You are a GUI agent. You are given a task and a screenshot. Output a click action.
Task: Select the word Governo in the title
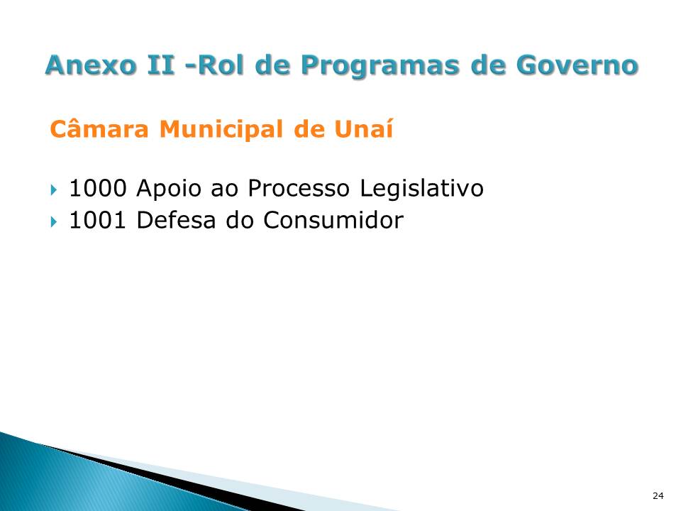[576, 65]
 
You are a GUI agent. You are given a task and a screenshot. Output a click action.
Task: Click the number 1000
[98, 189]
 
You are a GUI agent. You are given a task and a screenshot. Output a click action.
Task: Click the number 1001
[98, 221]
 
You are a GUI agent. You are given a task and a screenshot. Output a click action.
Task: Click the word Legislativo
[421, 189]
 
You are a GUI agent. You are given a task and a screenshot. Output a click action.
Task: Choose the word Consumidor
[333, 221]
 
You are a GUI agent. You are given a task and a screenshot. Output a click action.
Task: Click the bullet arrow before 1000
[54, 189]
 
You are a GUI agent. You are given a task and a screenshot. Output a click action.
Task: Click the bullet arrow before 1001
[54, 221]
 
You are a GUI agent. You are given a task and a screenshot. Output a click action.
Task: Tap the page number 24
[658, 495]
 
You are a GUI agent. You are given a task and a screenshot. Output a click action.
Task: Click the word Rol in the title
[218, 65]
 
